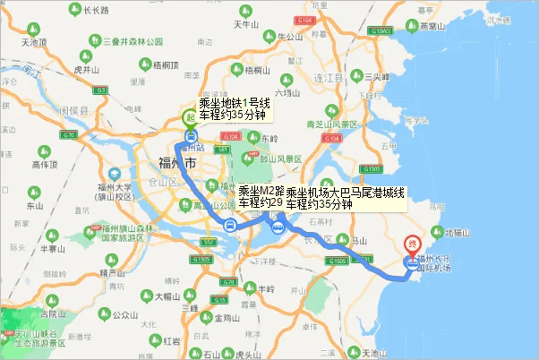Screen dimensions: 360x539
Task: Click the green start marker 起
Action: click(190, 117)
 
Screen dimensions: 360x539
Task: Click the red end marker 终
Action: click(413, 242)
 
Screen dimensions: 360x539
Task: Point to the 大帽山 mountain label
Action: click(168, 296)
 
